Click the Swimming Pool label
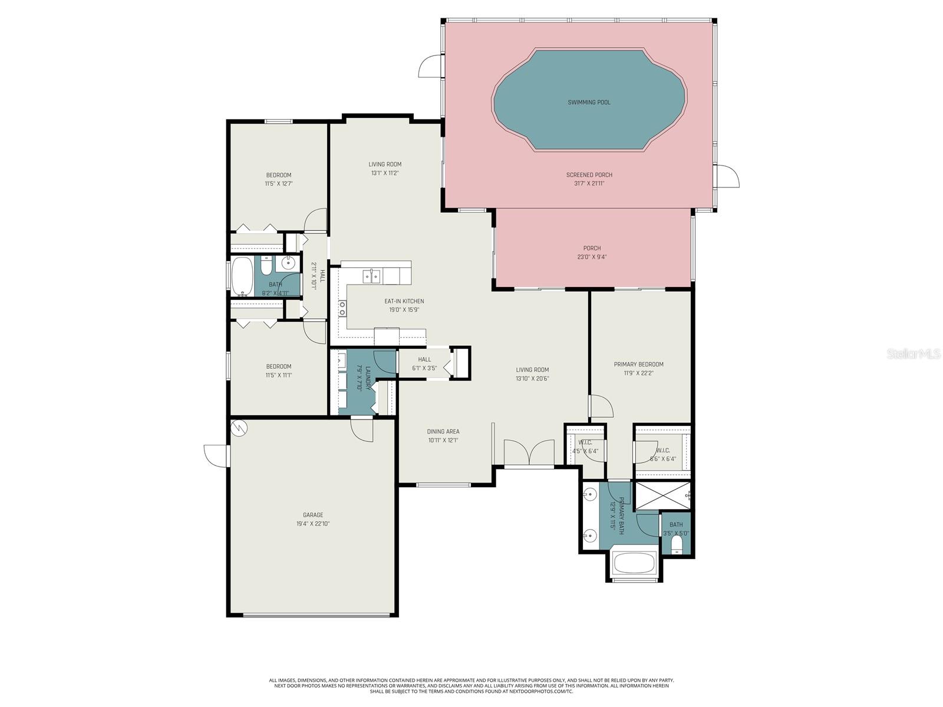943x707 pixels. [x=589, y=103]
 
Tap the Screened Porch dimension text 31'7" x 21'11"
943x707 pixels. [x=589, y=183]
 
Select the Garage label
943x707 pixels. [x=313, y=515]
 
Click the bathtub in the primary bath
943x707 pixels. [x=634, y=563]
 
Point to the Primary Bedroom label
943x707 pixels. [x=638, y=364]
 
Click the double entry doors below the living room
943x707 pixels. [x=529, y=453]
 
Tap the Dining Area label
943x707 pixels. [x=443, y=431]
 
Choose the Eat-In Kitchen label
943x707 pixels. [x=404, y=301]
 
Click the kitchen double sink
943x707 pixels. [x=371, y=275]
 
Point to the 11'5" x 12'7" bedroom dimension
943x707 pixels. [x=278, y=184]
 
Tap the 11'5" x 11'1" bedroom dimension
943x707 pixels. [x=278, y=375]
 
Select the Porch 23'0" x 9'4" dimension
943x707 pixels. [x=592, y=257]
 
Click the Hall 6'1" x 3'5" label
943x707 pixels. [x=424, y=359]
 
